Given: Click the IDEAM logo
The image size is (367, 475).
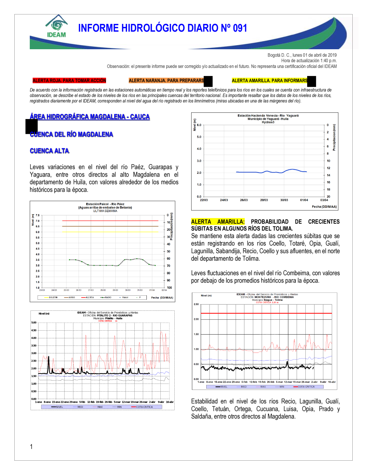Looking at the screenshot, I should pos(57,26).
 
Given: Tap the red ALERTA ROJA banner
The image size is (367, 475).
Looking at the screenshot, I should pos(69,80).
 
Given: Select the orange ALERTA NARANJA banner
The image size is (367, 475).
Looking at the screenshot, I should pos(166,80).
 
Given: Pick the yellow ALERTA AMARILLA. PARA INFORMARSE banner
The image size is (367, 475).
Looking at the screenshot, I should pos(270,80).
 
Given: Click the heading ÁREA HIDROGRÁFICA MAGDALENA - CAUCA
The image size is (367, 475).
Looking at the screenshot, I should pos(90,117).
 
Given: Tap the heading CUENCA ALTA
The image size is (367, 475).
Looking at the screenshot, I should pos(50,151).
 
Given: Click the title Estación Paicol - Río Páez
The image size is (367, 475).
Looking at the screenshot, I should pos(105,204).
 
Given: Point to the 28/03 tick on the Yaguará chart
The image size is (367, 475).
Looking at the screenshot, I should pos(264,200).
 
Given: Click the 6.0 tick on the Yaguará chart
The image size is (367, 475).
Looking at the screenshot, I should pos(199,125).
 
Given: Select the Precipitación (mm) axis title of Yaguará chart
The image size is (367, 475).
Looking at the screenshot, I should pos(334,137).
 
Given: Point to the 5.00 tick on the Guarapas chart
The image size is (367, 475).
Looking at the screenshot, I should pos(34,323).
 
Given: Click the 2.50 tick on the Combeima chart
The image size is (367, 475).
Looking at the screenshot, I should pos(196,304).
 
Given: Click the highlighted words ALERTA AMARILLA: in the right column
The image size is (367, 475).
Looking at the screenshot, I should pos(218,222).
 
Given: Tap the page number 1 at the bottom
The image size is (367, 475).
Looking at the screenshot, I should pos(31,447).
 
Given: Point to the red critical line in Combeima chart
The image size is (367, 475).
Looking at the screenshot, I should pos(266,313).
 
